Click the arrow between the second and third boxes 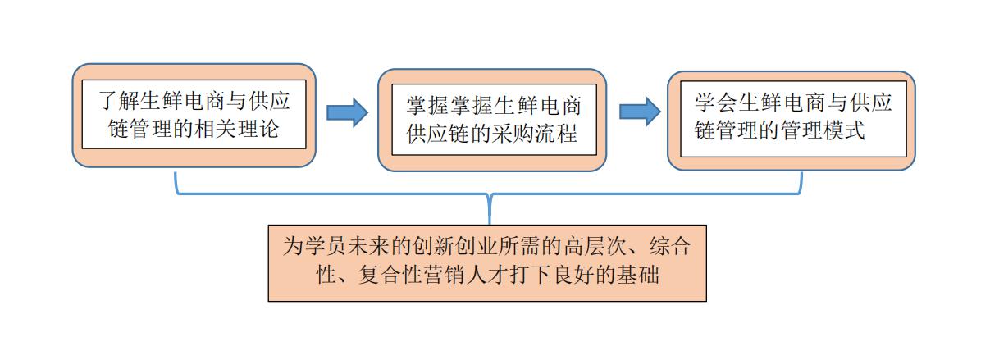(640, 111)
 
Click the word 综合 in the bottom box (669, 247)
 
